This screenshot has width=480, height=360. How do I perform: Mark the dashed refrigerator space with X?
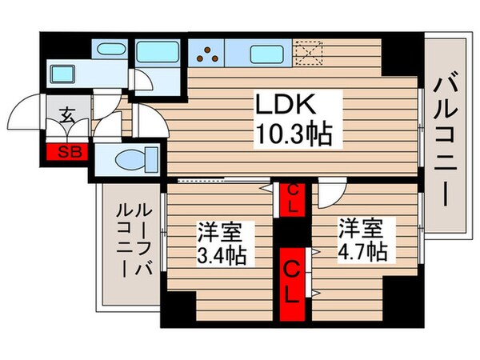pos(308,54)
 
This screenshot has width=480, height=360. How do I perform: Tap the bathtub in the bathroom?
pos(157,54)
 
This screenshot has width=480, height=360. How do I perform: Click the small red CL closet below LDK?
pos(294,198)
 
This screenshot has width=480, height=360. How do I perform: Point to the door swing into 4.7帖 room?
pos(331,192)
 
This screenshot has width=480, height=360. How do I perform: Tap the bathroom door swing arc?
pos(138,80)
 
